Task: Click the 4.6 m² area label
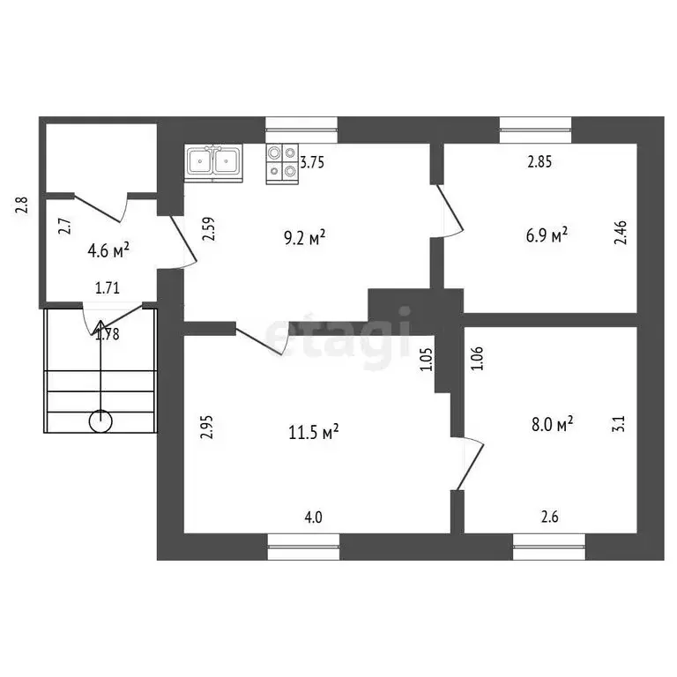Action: click(110, 250)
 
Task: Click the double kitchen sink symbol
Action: click(213, 162)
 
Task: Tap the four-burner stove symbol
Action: click(282, 162)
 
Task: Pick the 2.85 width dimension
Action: click(539, 162)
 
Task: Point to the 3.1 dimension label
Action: click(620, 423)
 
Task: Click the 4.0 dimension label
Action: click(313, 517)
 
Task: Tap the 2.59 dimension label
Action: click(208, 230)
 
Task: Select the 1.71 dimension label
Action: click(108, 287)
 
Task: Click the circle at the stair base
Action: click(100, 422)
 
